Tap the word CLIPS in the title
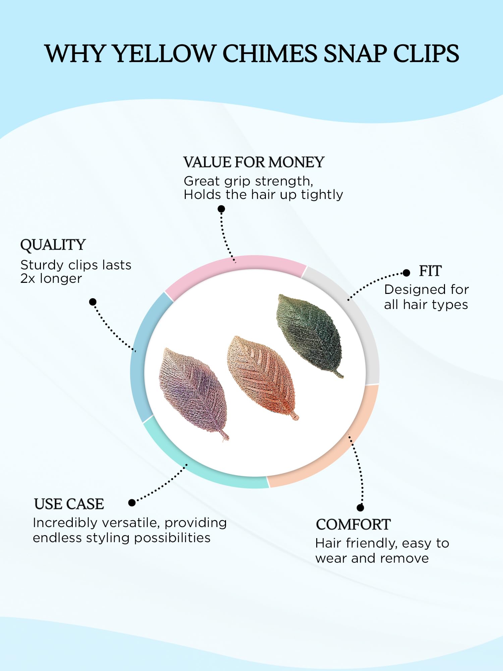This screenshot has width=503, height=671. (426, 54)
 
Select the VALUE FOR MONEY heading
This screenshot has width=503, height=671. (254, 162)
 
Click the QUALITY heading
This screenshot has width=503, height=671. (53, 245)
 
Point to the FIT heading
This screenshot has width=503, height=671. (430, 271)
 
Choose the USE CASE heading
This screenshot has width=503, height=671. (69, 504)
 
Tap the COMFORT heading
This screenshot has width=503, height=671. (353, 524)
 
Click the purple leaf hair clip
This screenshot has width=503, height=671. (193, 393)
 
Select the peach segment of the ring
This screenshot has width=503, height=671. (339, 450)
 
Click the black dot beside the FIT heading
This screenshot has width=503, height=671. (406, 273)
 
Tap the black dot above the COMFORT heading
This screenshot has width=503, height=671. (360, 508)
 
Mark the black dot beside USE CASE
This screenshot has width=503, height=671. (132, 503)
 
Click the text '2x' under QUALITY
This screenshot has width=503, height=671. (28, 279)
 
